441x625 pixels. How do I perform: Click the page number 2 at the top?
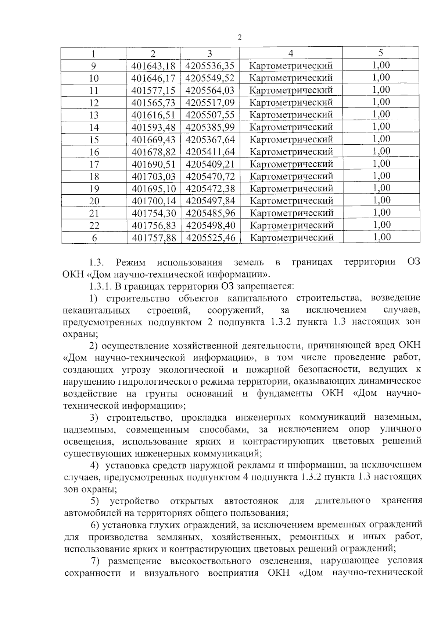click(x=240, y=37)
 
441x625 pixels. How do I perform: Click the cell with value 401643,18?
click(x=153, y=66)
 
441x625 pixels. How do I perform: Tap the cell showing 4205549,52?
click(x=210, y=78)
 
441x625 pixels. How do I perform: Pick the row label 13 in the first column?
click(x=94, y=115)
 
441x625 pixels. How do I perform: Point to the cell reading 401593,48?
click(x=154, y=127)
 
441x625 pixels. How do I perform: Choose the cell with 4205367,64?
click(x=210, y=140)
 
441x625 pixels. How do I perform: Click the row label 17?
click(x=94, y=164)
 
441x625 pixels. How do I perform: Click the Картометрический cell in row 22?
click(x=292, y=225)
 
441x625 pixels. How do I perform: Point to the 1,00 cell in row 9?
click(x=381, y=66)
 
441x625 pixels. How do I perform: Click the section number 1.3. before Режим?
click(x=97, y=262)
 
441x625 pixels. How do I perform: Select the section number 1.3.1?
click(x=100, y=286)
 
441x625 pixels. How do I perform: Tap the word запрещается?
click(x=264, y=286)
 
